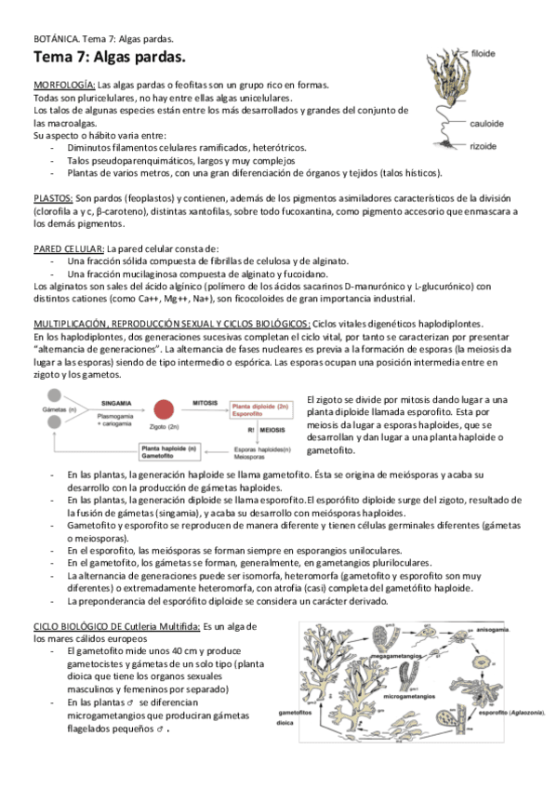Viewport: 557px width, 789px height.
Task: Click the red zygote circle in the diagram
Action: (165, 409)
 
